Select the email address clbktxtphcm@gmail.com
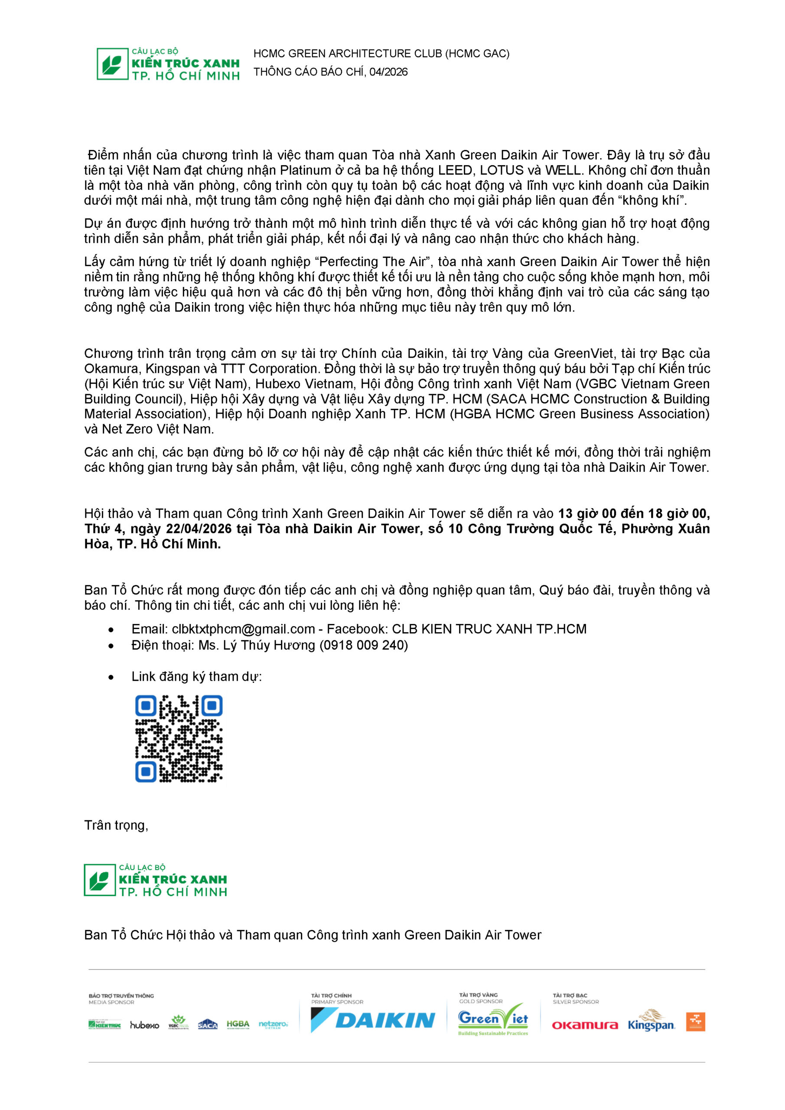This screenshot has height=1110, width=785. (243, 629)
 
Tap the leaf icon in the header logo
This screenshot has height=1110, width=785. (112, 64)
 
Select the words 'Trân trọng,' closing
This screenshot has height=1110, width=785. (116, 825)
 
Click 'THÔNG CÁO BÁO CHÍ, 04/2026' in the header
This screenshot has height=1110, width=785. (330, 72)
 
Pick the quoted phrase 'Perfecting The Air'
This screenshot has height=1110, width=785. (372, 261)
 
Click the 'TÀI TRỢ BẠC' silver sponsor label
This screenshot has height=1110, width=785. (570, 996)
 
